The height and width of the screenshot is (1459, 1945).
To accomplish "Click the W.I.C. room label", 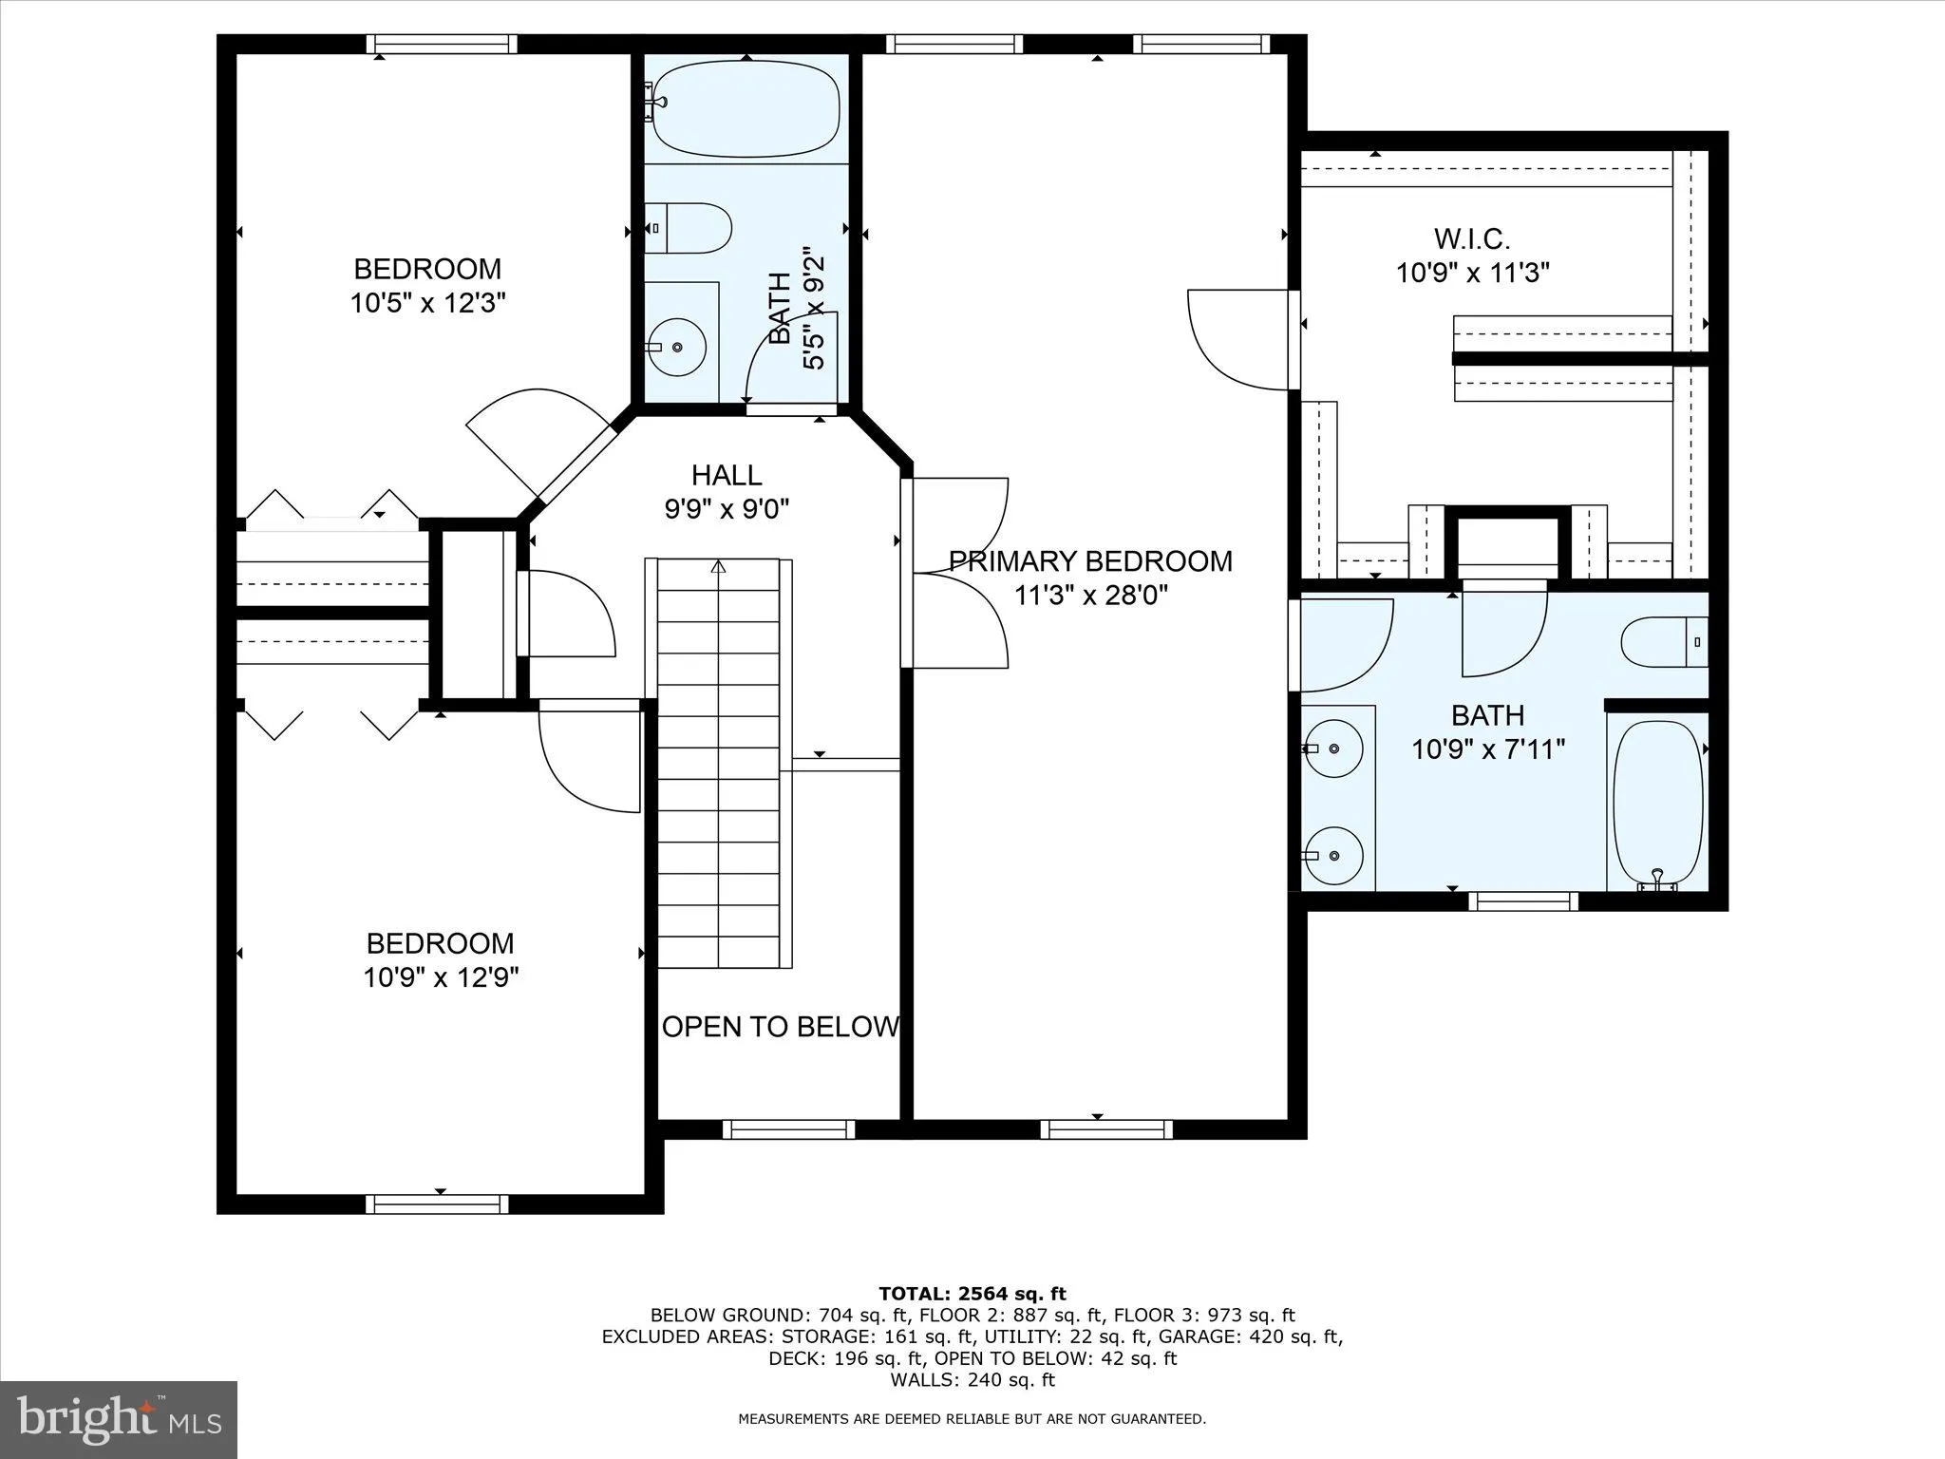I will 1471,237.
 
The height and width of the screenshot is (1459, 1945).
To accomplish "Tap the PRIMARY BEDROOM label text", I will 1090,561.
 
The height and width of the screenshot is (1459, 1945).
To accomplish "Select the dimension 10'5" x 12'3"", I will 427,303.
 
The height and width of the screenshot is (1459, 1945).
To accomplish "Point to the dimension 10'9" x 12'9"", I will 441,977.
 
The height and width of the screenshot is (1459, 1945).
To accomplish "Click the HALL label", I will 727,475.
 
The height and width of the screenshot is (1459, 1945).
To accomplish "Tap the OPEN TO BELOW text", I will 780,1027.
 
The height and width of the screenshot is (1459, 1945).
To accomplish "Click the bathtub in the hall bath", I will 746,111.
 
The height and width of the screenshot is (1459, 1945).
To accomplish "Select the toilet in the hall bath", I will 691,228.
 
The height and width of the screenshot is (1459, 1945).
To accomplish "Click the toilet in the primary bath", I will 1662,642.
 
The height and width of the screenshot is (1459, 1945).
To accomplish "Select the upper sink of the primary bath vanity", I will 1333,748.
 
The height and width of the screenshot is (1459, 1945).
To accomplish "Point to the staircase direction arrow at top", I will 719,567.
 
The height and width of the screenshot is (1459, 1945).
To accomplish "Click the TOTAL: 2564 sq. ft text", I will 972,1294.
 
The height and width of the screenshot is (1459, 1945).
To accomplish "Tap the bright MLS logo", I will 119,1420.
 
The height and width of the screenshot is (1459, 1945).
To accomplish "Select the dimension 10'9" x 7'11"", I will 1487,749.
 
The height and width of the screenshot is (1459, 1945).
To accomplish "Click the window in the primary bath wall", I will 1523,900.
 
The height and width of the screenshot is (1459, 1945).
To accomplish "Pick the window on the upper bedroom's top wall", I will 442,44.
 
